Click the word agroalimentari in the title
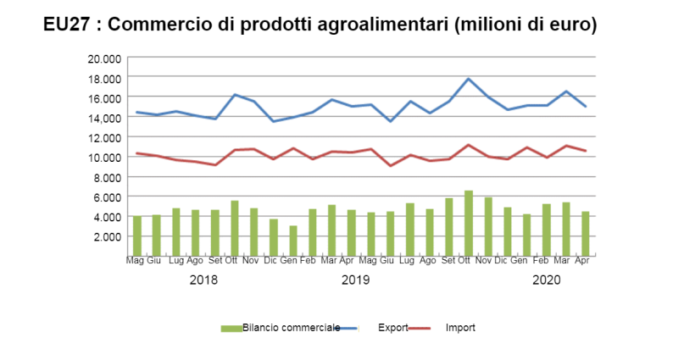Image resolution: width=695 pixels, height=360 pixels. [386, 25]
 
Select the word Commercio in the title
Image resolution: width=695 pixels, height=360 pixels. [157, 25]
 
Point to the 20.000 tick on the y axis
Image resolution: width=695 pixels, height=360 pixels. [104, 58]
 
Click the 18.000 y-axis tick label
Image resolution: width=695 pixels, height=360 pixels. [104, 78]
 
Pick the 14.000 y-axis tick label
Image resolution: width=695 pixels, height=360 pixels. [104, 118]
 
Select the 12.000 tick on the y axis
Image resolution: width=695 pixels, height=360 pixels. [104, 137]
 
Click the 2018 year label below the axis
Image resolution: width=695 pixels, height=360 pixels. [203, 280]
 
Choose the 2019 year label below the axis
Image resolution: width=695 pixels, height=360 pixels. [356, 280]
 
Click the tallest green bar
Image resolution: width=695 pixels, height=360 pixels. [469, 223]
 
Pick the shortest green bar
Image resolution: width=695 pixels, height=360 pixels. [293, 241]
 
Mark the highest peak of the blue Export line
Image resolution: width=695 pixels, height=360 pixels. [469, 79]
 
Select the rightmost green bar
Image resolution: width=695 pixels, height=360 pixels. [586, 234]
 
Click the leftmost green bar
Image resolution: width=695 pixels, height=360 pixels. [137, 236]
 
